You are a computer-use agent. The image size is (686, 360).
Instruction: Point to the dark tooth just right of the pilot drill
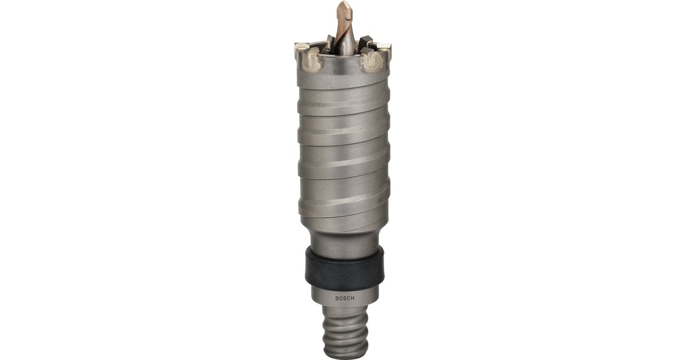(x=364, y=43)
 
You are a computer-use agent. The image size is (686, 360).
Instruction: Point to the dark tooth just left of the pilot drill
(x=330, y=42)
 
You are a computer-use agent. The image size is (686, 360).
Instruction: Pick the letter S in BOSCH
(x=343, y=298)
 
